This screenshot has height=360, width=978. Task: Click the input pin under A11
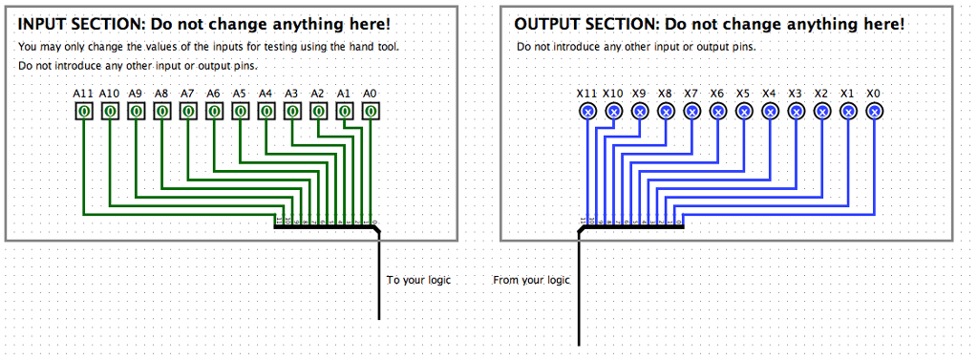click(x=84, y=112)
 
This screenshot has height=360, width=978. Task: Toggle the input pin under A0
click(x=371, y=112)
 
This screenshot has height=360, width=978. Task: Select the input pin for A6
click(x=214, y=112)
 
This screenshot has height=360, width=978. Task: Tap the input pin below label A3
click(x=292, y=112)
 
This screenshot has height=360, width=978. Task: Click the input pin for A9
click(x=136, y=112)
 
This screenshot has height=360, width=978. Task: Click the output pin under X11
click(x=587, y=112)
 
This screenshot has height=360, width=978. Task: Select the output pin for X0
click(x=874, y=112)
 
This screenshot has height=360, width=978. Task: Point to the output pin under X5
click(x=744, y=112)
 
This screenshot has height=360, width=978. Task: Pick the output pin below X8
click(x=666, y=112)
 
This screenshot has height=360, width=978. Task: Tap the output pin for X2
click(x=822, y=112)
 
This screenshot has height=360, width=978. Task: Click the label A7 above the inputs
click(x=187, y=94)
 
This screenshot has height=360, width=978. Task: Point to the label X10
click(x=613, y=94)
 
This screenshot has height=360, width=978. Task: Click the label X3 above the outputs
click(x=796, y=94)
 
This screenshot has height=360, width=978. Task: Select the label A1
click(x=344, y=94)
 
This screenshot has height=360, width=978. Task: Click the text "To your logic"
click(x=417, y=281)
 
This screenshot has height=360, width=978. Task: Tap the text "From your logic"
click(x=531, y=281)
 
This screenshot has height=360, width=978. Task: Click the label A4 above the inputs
click(x=266, y=94)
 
